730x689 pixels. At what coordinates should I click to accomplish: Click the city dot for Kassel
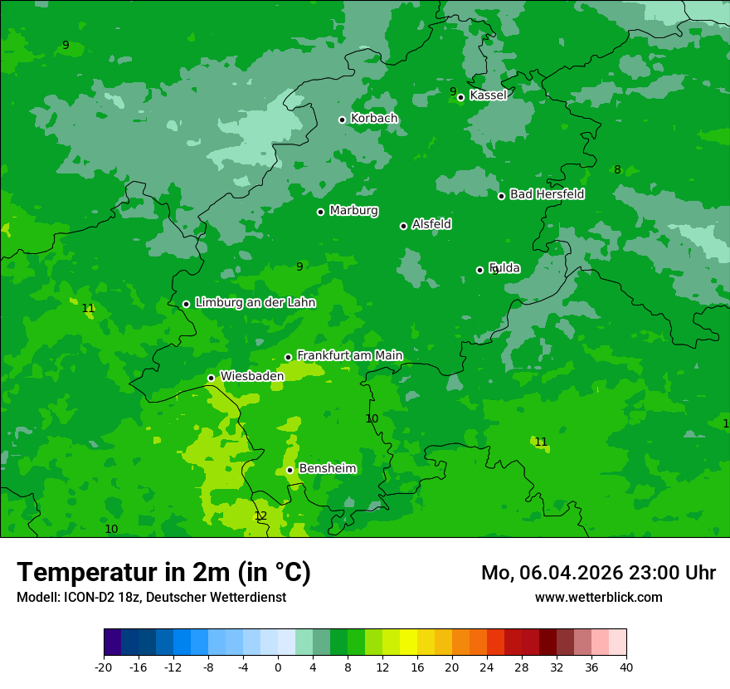(461, 98)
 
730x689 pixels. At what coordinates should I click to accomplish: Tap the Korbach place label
(374, 119)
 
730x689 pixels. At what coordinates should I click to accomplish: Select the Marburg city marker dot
(321, 212)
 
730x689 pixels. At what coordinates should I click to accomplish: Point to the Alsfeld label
(431, 224)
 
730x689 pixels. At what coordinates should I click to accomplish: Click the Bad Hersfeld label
(547, 194)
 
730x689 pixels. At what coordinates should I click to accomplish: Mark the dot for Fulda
(480, 270)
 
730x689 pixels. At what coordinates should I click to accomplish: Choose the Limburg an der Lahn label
(255, 303)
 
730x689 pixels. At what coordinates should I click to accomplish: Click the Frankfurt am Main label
(349, 355)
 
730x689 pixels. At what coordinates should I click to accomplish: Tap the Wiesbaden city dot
(212, 378)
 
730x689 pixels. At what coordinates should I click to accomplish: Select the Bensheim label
(327, 468)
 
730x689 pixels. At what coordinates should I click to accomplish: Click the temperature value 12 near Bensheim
(260, 516)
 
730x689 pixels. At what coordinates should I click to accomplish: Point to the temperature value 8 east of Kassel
(617, 169)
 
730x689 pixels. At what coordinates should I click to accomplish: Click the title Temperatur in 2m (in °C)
(163, 573)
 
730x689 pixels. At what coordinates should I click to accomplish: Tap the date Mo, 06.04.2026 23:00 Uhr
(598, 573)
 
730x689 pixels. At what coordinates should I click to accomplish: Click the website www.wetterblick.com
(598, 597)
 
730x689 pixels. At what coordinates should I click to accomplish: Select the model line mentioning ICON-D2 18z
(151, 597)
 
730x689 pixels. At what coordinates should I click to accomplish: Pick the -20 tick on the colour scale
(104, 667)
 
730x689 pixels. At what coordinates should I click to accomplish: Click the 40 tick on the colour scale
(625, 667)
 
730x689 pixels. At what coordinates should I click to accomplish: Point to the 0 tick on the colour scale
(278, 667)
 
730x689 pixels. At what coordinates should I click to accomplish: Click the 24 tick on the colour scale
(487, 667)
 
